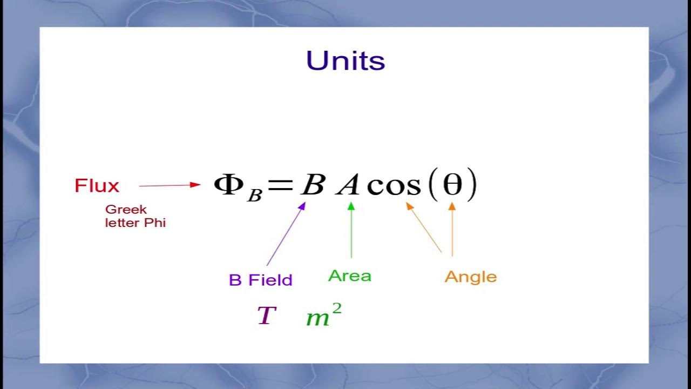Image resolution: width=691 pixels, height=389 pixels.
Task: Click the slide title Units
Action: [x=345, y=61]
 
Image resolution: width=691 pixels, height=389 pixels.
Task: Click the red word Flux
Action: [x=97, y=186]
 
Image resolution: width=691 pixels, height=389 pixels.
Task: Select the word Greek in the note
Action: [x=126, y=210]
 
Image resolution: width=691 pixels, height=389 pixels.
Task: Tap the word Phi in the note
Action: [x=154, y=223]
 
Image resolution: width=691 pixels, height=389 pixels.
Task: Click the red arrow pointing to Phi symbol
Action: [x=170, y=185]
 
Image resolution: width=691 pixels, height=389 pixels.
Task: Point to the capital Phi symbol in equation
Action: [x=229, y=184]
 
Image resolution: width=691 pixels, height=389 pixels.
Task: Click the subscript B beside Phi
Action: [x=254, y=195]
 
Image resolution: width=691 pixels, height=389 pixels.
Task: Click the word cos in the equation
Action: [x=393, y=186]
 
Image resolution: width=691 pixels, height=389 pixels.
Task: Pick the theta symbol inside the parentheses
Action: [x=452, y=185]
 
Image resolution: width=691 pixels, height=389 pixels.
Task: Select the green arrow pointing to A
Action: [x=351, y=230]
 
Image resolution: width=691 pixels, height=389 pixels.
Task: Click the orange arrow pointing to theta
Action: [x=452, y=229]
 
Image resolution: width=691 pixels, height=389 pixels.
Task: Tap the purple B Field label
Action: [x=260, y=280]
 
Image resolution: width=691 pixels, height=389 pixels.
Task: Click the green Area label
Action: [x=350, y=276]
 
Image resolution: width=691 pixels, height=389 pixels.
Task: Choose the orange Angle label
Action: [x=470, y=277]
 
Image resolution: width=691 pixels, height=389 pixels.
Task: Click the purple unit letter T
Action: [x=267, y=316]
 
